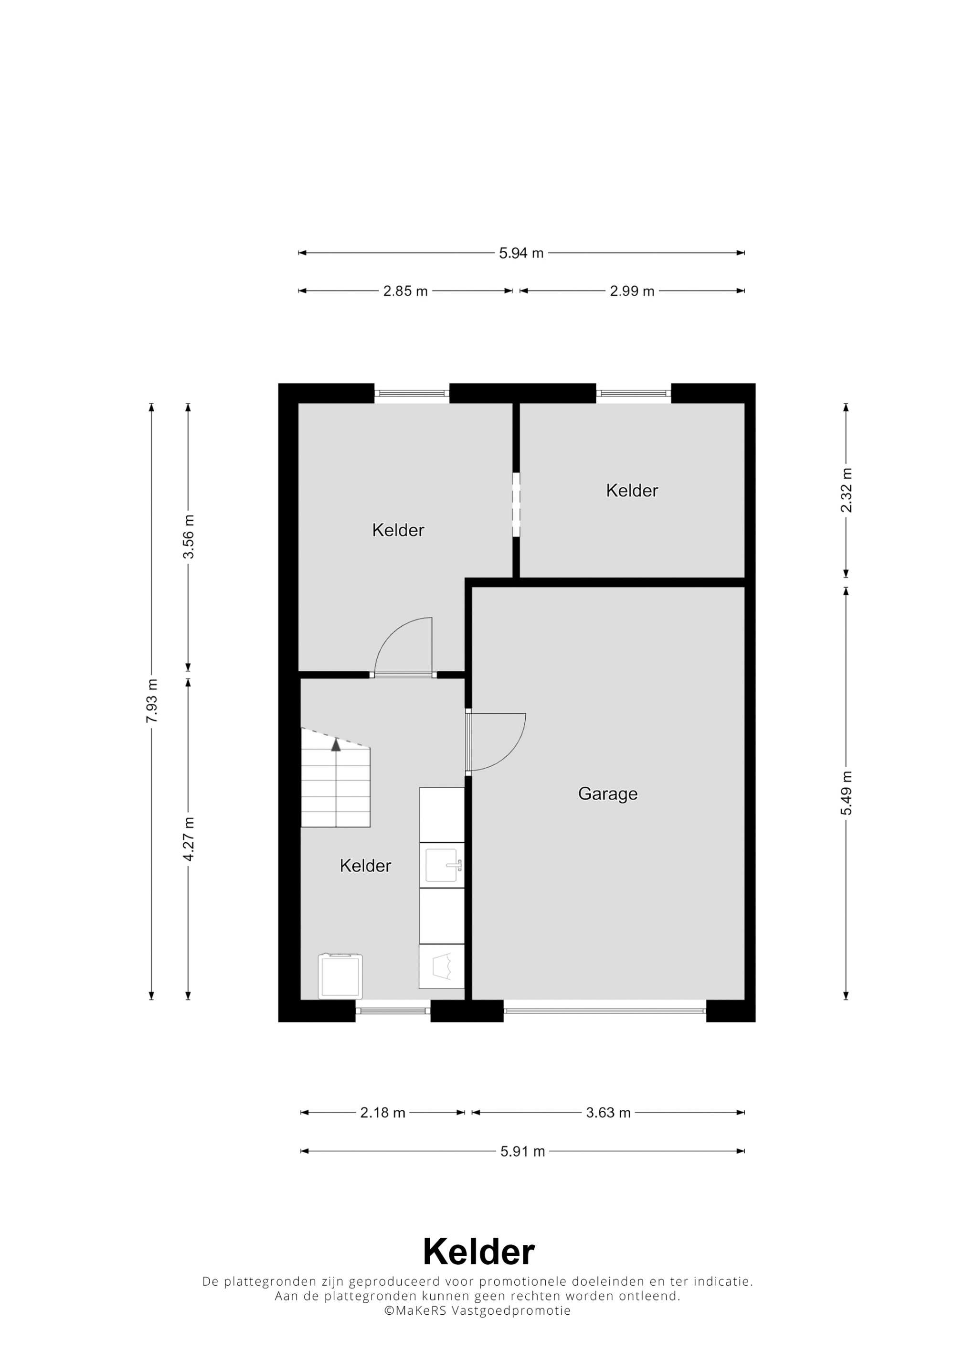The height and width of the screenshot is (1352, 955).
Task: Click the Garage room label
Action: point(607,794)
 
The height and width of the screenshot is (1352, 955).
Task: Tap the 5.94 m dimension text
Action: point(521,253)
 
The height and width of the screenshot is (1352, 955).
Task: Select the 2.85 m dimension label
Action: point(405,291)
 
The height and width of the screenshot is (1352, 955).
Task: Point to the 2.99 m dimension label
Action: point(632,291)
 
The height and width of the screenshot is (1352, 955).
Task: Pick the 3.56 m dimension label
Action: point(188,537)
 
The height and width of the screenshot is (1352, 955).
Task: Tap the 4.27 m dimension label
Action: point(188,839)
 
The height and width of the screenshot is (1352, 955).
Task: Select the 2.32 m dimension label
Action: point(846,491)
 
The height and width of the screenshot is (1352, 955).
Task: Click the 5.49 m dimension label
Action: point(846,793)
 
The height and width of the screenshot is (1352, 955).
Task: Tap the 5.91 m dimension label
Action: point(522,1151)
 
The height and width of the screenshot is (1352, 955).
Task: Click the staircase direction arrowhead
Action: point(336,745)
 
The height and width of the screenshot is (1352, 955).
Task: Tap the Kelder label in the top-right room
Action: point(632,491)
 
